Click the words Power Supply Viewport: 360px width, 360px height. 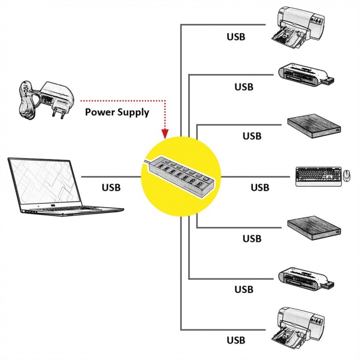click(x=117, y=112)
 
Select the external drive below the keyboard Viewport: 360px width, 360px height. click(x=314, y=227)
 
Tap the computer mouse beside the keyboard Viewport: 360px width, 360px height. click(x=346, y=176)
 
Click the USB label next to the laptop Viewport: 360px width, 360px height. click(x=111, y=187)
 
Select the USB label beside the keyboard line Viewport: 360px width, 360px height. click(x=260, y=187)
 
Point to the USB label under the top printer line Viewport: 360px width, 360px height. click(x=236, y=36)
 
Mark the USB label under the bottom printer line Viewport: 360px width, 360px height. click(x=236, y=340)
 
